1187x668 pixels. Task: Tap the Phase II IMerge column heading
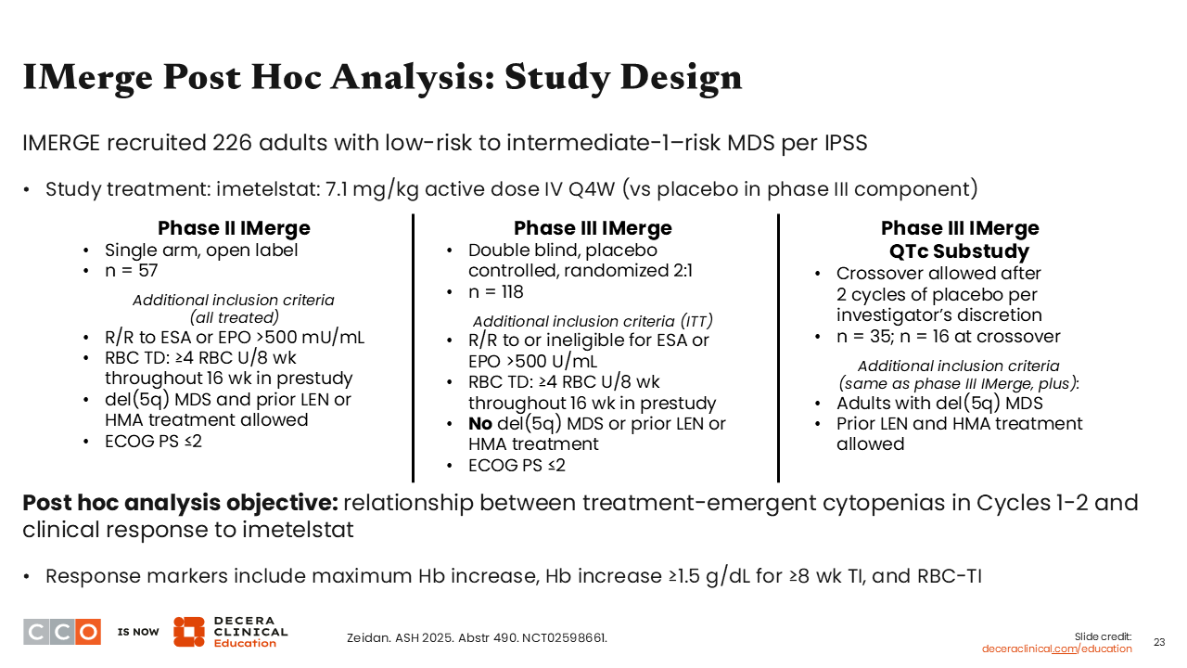(234, 228)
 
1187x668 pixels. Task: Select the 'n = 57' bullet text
(132, 270)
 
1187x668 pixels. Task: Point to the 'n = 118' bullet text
(495, 291)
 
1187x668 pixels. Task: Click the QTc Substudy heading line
(959, 251)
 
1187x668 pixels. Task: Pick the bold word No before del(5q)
(480, 424)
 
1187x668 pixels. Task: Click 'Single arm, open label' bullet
(201, 250)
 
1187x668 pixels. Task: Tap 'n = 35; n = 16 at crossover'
(949, 336)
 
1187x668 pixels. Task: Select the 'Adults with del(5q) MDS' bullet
(939, 403)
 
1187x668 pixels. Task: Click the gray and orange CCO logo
(62, 632)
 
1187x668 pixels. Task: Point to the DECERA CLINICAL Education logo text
(250, 632)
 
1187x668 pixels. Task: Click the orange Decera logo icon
(189, 632)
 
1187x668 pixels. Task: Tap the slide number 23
(1159, 642)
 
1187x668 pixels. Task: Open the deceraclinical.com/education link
(1056, 649)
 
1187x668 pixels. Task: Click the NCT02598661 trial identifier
(565, 637)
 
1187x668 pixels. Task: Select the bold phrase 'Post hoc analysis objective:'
(180, 503)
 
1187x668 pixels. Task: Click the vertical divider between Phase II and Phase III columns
(414, 348)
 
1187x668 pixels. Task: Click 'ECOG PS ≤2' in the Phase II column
(153, 441)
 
